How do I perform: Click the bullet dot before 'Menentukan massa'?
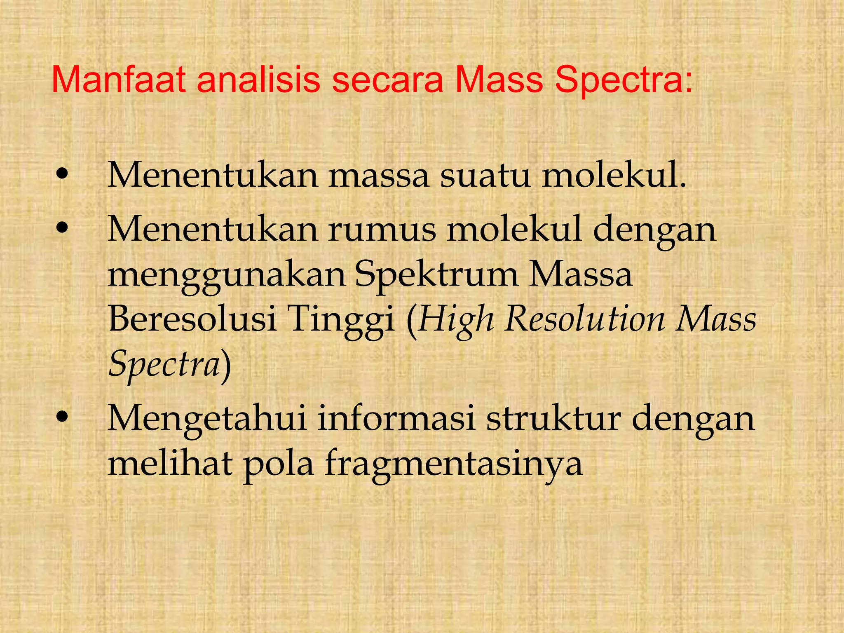coord(62,175)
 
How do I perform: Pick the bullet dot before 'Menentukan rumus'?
coord(62,228)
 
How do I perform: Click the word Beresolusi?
coord(192,320)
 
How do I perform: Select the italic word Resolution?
coord(584,320)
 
